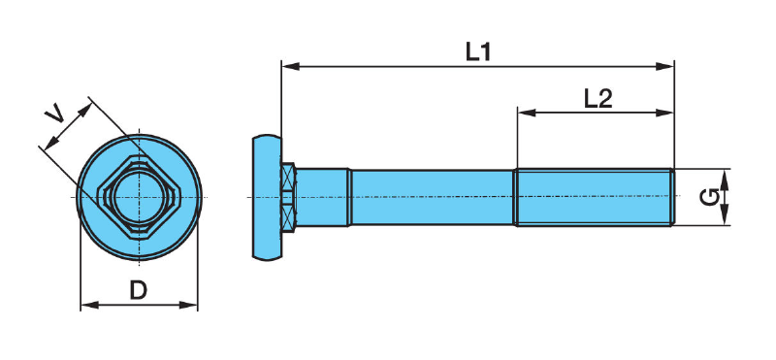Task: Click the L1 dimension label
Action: [x=478, y=51]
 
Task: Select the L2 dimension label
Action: [x=598, y=99]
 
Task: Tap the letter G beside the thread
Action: [x=709, y=197]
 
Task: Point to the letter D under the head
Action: [x=139, y=291]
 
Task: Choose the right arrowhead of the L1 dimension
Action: [x=664, y=66]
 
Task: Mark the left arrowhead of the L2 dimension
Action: [x=527, y=113]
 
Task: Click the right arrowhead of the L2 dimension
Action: [x=664, y=113]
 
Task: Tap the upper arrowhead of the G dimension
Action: [x=725, y=179]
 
